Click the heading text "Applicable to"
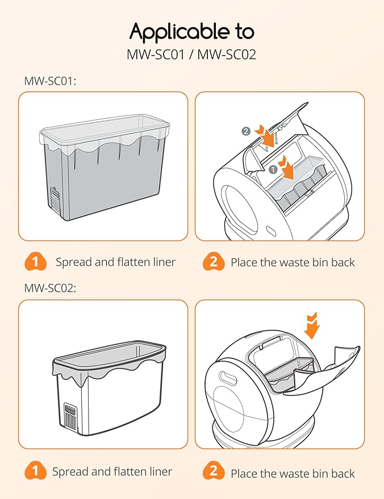(191, 32)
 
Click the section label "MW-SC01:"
(50, 81)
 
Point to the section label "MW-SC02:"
(50, 288)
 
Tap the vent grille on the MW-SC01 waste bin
(55, 198)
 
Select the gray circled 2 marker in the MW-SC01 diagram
(245, 131)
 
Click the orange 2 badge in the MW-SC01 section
(213, 262)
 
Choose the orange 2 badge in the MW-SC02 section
(213, 472)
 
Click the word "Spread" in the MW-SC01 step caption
(72, 262)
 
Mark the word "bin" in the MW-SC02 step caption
(320, 473)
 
